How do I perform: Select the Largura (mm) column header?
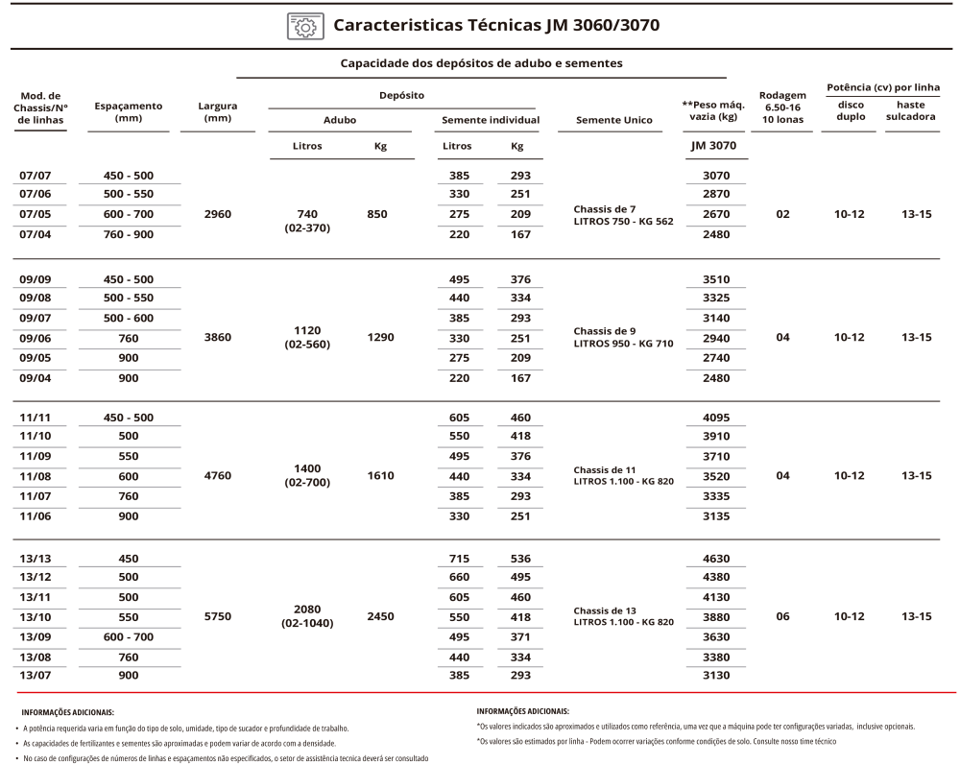[x=218, y=111]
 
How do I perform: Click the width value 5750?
[x=218, y=616]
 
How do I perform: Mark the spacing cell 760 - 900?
[x=129, y=233]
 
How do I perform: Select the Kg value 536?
[x=520, y=559]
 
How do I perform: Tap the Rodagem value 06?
[x=782, y=616]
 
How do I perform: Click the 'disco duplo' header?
[x=851, y=110]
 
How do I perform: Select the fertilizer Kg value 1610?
[x=380, y=476]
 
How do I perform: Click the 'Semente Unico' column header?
[x=614, y=120]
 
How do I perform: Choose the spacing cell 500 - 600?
[x=129, y=318]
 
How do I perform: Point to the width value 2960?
[x=218, y=214]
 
